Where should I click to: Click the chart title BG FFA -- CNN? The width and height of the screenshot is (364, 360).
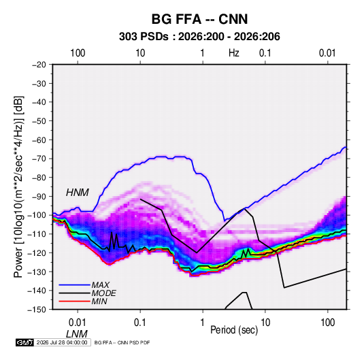click(x=199, y=19)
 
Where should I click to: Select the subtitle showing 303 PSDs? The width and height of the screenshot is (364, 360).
click(x=199, y=37)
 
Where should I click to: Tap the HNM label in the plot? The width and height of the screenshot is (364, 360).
click(x=78, y=193)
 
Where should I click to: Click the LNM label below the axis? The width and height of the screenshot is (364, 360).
click(x=77, y=334)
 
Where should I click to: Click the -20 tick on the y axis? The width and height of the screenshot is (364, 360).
click(x=39, y=65)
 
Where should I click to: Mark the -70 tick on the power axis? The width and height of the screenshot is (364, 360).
click(x=39, y=159)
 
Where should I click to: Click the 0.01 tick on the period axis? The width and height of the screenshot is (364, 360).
click(x=78, y=323)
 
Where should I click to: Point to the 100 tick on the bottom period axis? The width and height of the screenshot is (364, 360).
click(x=327, y=323)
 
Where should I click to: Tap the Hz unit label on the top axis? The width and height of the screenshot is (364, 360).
click(x=234, y=53)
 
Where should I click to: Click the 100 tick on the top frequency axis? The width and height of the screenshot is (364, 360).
click(x=78, y=53)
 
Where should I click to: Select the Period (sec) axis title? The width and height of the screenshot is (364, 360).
click(x=234, y=330)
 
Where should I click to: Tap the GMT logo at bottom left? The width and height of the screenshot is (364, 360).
click(x=24, y=342)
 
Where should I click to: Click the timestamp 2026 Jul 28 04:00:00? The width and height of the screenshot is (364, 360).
click(x=62, y=342)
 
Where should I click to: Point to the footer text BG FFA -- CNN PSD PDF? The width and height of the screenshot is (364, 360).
click(x=122, y=342)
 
